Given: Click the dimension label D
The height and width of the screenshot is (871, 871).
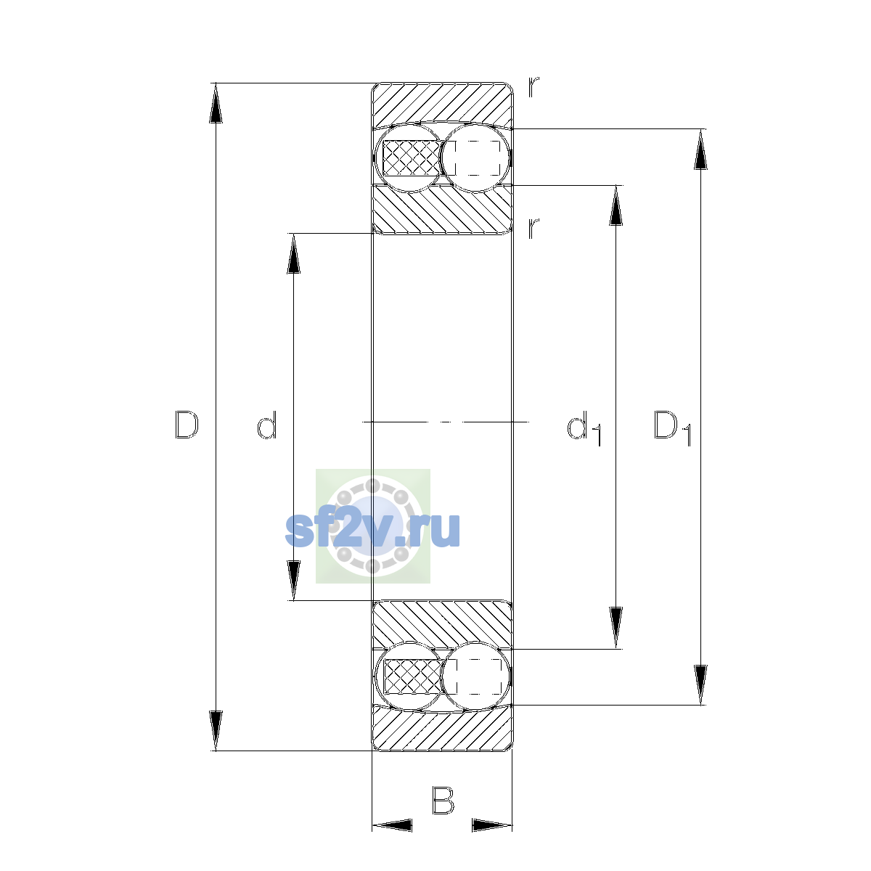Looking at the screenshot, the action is (x=187, y=425).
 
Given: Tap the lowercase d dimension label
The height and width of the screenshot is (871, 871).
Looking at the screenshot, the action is (x=266, y=425).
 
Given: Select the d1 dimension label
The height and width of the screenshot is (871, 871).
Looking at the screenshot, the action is (x=584, y=428).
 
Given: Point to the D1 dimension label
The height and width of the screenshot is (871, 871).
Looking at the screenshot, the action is (x=673, y=428).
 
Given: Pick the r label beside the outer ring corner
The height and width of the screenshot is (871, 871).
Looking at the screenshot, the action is (x=533, y=87).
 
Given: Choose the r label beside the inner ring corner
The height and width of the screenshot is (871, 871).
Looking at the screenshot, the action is (x=533, y=228).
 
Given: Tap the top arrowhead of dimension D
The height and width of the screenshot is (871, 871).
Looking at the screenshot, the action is (x=216, y=103).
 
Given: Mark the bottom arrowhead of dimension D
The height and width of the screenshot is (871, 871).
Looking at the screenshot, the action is (x=216, y=731).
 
